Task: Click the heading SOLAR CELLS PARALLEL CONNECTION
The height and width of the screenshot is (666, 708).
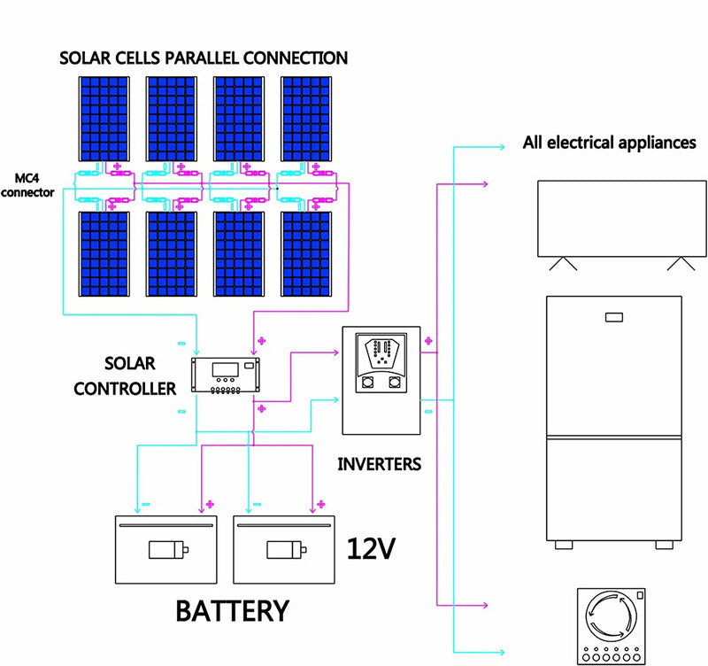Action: [203, 58]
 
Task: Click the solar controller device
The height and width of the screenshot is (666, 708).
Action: [228, 376]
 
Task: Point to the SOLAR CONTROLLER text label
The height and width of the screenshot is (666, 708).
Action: [129, 376]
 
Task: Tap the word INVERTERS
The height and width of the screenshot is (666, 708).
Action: [380, 463]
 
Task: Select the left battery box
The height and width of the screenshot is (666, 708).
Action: [167, 549]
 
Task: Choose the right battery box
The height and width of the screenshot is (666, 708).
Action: [285, 549]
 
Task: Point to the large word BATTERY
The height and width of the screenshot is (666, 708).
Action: [232, 611]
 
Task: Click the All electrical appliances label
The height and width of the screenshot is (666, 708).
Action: [609, 143]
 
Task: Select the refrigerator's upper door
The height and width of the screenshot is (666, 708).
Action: [613, 365]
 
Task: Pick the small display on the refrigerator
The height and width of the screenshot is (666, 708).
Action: [613, 316]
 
